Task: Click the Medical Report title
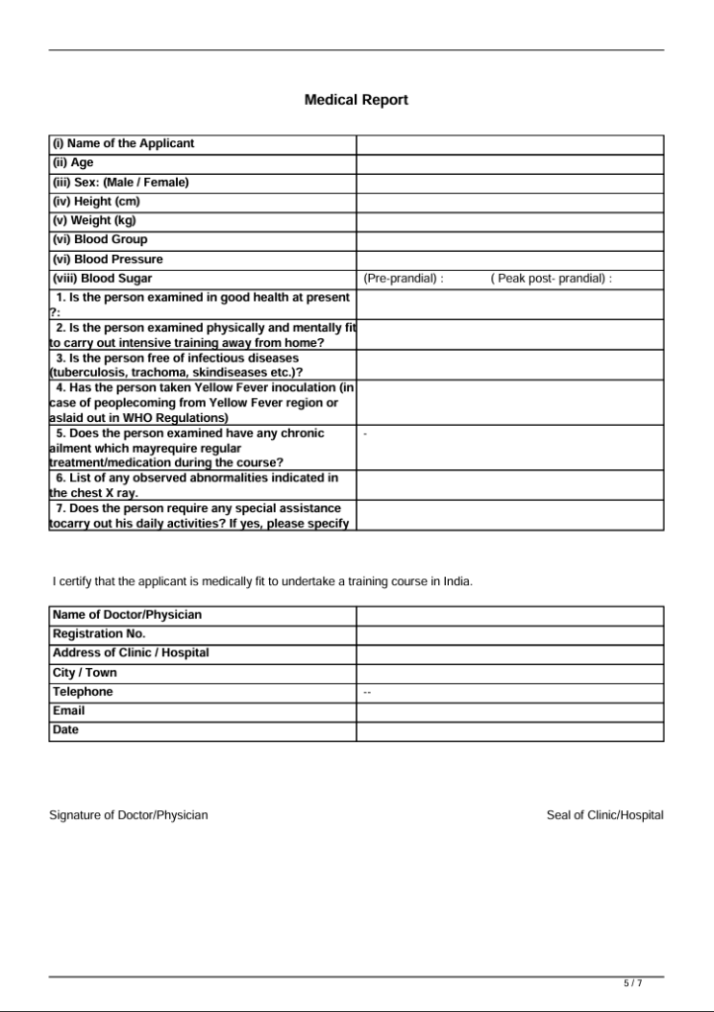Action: pyautogui.click(x=356, y=100)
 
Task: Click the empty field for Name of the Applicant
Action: pyautogui.click(x=509, y=144)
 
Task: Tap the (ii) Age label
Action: pyautogui.click(x=73, y=163)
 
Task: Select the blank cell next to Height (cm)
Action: pyautogui.click(x=509, y=202)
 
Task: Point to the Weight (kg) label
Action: pyautogui.click(x=95, y=220)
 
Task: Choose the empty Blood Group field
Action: pyautogui.click(x=509, y=240)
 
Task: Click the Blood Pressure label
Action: pyautogui.click(x=108, y=259)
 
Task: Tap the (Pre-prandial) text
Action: pyautogui.click(x=403, y=279)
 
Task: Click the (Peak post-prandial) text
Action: pyautogui.click(x=551, y=279)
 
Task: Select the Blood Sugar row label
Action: pyautogui.click(x=103, y=279)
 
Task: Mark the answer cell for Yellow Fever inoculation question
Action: pyautogui.click(x=509, y=402)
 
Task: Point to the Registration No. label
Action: pyautogui.click(x=99, y=633)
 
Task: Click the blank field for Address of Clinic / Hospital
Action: pyautogui.click(x=509, y=653)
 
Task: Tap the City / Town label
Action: pyautogui.click(x=85, y=672)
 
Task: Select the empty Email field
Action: pyautogui.click(x=509, y=712)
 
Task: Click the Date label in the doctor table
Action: pyautogui.click(x=65, y=730)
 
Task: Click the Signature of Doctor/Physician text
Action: pyautogui.click(x=129, y=815)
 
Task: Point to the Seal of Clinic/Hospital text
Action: pyautogui.click(x=604, y=815)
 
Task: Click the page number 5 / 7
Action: pyautogui.click(x=633, y=983)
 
